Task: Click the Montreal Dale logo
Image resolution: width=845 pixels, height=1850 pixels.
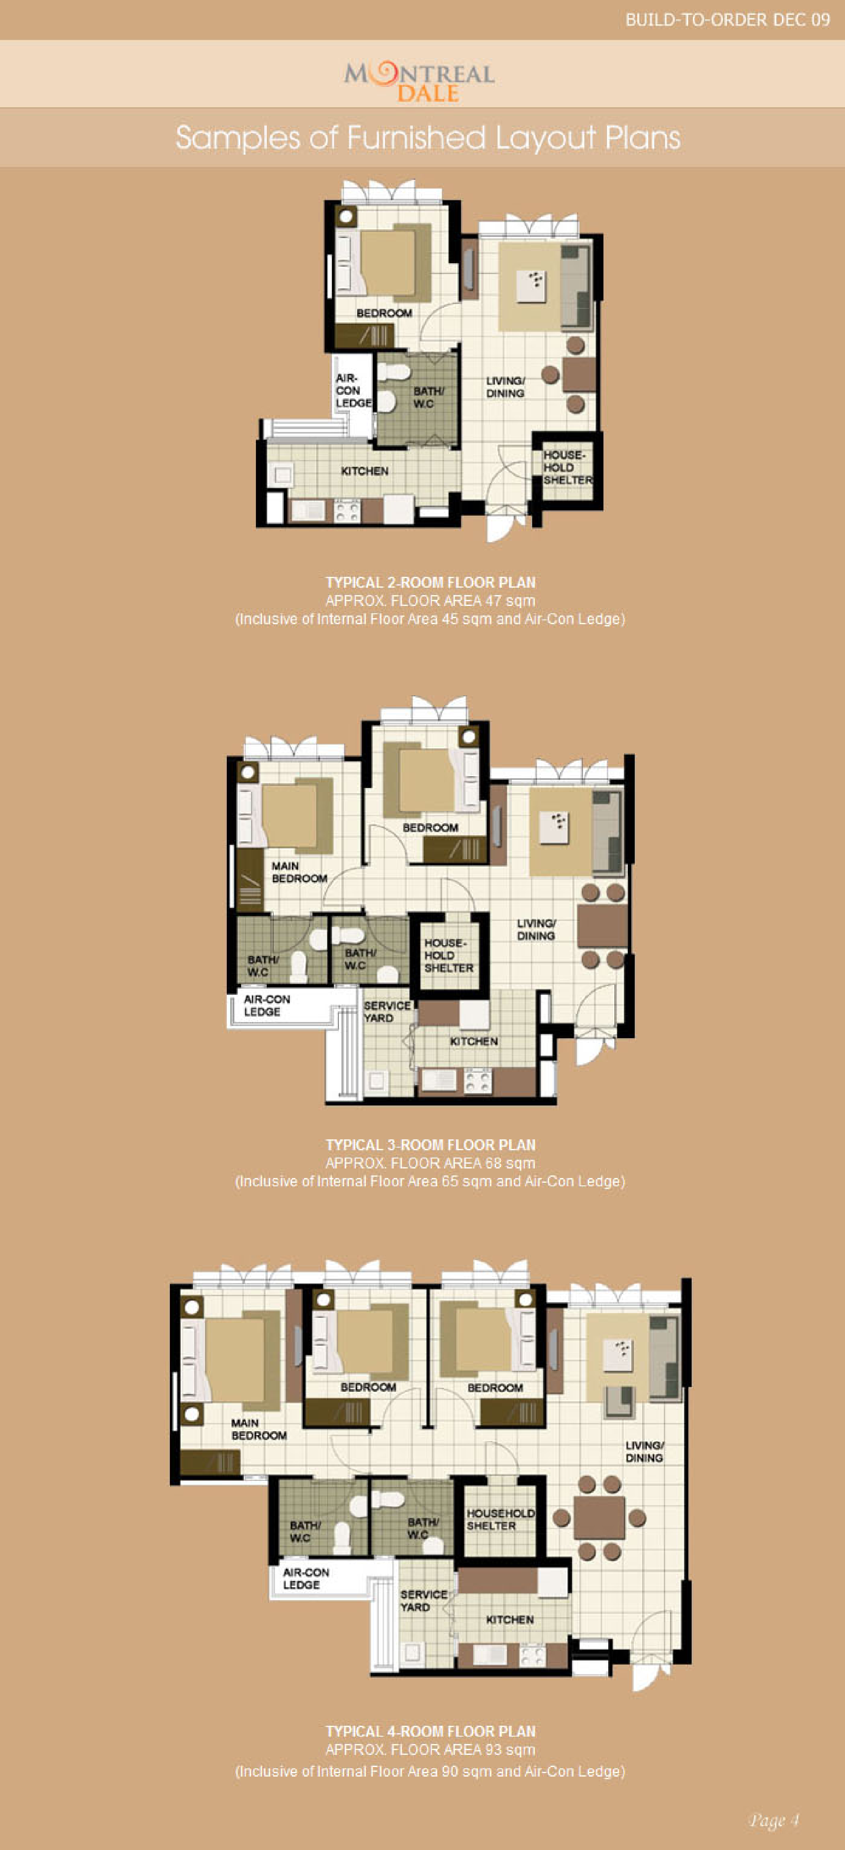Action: click(x=419, y=82)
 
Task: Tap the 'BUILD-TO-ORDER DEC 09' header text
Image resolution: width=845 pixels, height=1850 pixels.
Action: click(x=727, y=20)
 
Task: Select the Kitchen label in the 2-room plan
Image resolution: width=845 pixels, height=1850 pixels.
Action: click(x=365, y=471)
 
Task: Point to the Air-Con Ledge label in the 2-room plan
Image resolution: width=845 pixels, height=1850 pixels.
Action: click(x=353, y=391)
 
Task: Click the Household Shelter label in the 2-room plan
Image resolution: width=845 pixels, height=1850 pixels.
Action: click(x=568, y=467)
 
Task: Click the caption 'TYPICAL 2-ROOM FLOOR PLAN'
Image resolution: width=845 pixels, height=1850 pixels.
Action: click(x=431, y=582)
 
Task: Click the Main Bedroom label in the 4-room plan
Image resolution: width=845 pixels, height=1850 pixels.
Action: click(x=258, y=1429)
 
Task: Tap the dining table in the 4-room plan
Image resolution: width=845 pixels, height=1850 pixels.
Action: click(x=599, y=1518)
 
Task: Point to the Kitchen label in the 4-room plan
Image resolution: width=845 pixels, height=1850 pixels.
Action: click(x=510, y=1619)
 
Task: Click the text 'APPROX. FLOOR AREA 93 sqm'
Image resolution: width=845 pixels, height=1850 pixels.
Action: click(x=431, y=1750)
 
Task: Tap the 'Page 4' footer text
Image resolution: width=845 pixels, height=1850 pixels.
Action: click(x=773, y=1820)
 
